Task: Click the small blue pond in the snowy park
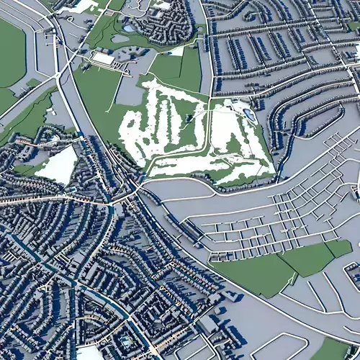[249, 114]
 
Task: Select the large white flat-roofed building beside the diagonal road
[103, 58]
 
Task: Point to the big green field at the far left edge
[10, 54]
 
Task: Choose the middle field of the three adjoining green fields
[308, 259]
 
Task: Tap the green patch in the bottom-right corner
[331, 350]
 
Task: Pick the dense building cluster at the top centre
[166, 22]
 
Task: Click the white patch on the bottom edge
[90, 354]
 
